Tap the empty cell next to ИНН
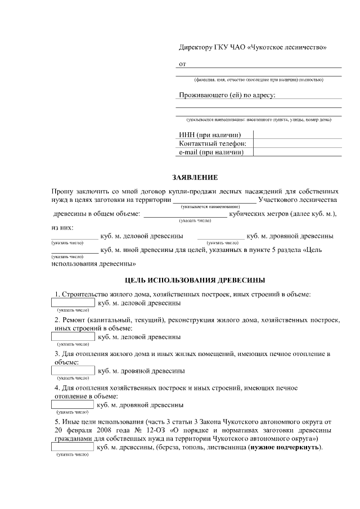click(x=298, y=134)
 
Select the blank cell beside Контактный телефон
click(x=298, y=143)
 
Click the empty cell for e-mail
click(x=298, y=152)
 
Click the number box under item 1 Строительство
click(x=73, y=303)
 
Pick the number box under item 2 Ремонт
click(x=73, y=337)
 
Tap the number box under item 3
click(x=73, y=371)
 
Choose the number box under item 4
click(x=73, y=404)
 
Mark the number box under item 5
click(x=73, y=447)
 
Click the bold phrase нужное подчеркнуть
click(x=285, y=447)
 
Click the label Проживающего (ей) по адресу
click(x=227, y=95)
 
